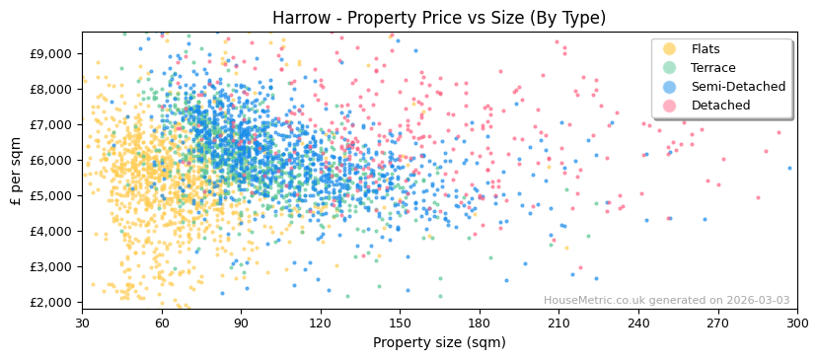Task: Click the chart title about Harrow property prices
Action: pos(439,18)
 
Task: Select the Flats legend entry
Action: pos(705,49)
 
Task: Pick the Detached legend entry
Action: pos(720,106)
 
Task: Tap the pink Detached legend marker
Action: pos(669,106)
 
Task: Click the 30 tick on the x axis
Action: pos(82,324)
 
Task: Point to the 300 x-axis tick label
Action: pos(797,324)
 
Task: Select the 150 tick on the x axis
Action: pos(400,324)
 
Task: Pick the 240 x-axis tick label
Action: pos(638,324)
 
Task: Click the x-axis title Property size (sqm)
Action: pos(439,343)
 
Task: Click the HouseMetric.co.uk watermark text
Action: pos(666,301)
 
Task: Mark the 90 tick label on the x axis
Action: pos(241,324)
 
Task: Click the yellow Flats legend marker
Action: pos(669,49)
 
